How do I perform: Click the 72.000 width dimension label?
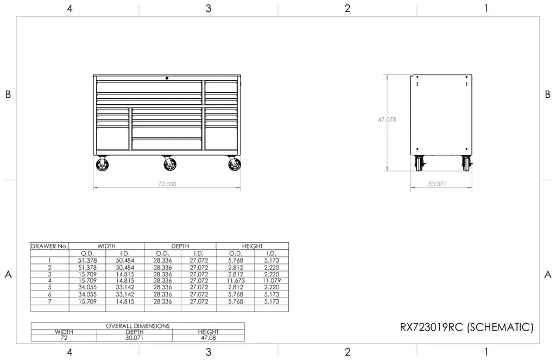[x=167, y=184]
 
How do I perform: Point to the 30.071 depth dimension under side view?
[x=437, y=184]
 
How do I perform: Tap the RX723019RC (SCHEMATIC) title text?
[x=466, y=327]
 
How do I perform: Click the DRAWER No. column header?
[x=49, y=246]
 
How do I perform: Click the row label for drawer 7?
[x=49, y=301]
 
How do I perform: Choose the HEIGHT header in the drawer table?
[x=252, y=246]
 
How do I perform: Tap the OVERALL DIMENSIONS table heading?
[x=137, y=326]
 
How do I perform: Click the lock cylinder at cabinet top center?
[x=167, y=78]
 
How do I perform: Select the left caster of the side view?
[x=419, y=162]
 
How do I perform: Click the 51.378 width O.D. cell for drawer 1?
[x=87, y=260]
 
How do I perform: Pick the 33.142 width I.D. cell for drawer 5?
[x=125, y=287]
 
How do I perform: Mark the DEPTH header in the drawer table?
[x=180, y=246]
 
